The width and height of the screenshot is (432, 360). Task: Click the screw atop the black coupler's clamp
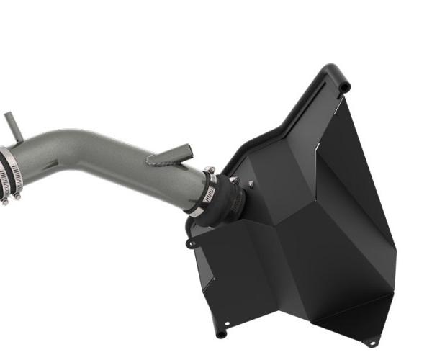(x=210, y=171)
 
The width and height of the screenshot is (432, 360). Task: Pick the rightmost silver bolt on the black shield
(x=251, y=185)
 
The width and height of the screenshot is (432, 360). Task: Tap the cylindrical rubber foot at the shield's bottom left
(x=221, y=333)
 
